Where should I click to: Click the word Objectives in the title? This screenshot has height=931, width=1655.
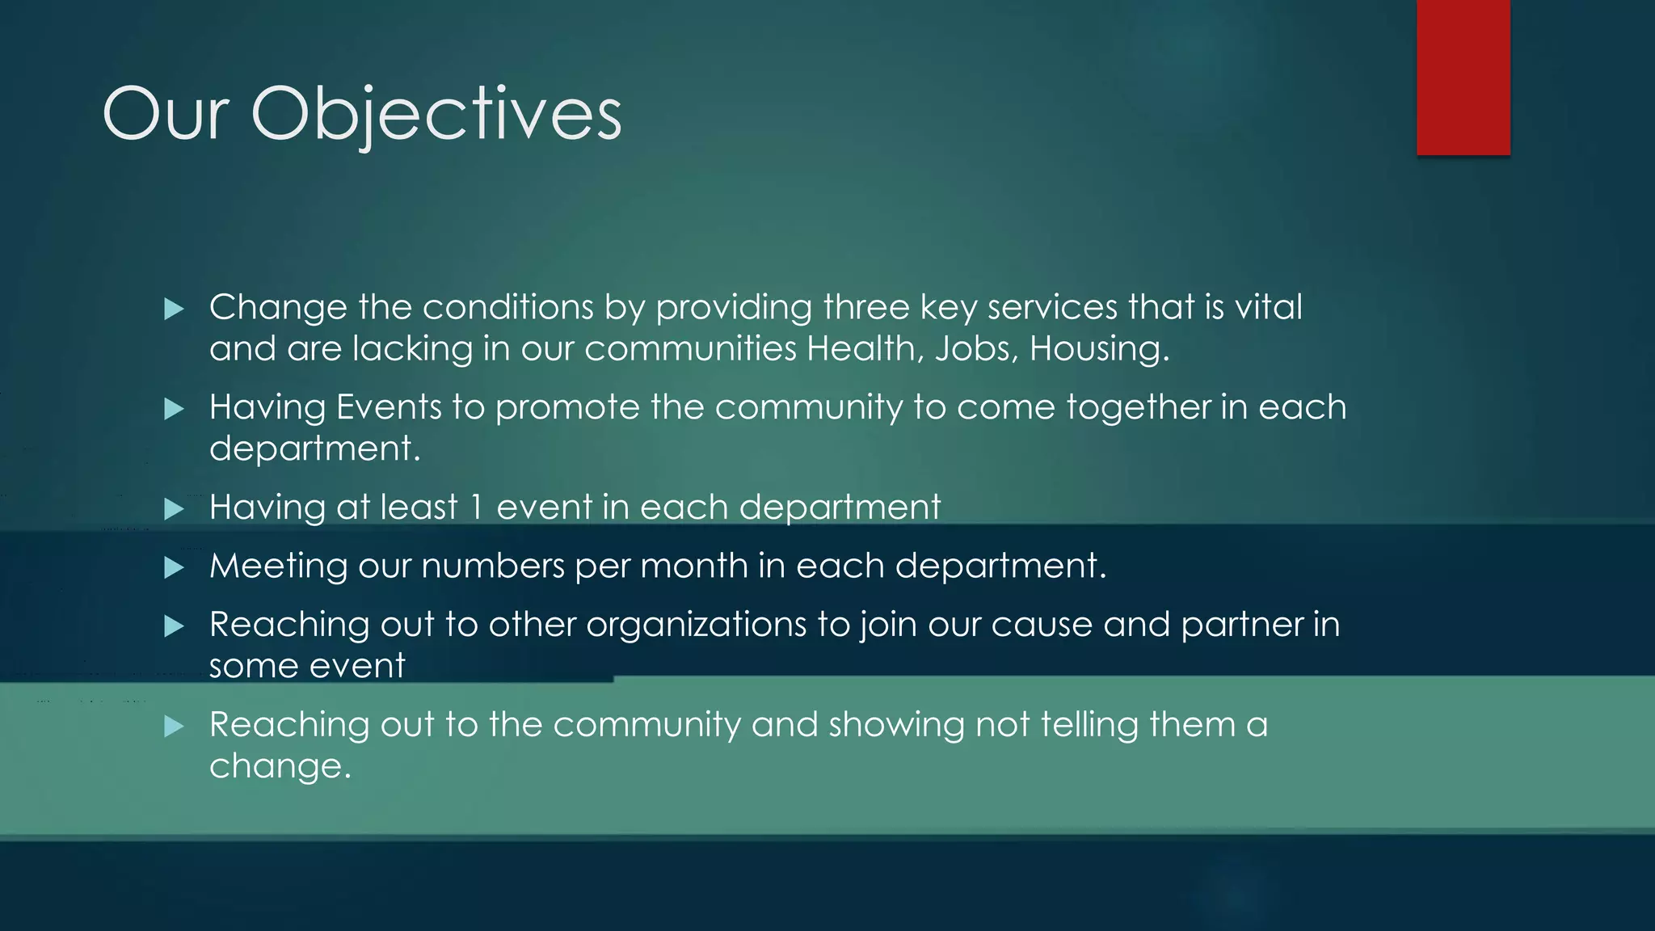click(x=436, y=115)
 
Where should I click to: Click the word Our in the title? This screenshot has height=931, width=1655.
click(x=166, y=115)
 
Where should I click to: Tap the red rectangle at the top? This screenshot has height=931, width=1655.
click(x=1463, y=78)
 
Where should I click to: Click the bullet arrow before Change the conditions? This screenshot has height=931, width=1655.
click(x=174, y=309)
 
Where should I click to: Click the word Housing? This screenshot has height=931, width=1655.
click(x=1098, y=349)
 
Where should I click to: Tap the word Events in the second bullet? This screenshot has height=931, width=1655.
click(x=389, y=407)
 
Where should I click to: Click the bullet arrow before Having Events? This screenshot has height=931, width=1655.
click(x=174, y=409)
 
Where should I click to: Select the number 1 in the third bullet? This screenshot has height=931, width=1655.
click(x=477, y=508)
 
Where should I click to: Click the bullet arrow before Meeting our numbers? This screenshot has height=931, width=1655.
click(x=174, y=567)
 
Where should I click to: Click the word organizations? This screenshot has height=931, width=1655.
click(x=696, y=626)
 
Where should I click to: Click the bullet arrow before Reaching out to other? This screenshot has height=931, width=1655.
click(x=174, y=626)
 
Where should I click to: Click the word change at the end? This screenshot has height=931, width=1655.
click(x=280, y=767)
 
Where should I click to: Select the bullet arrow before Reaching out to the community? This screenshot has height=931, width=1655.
click(x=174, y=727)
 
